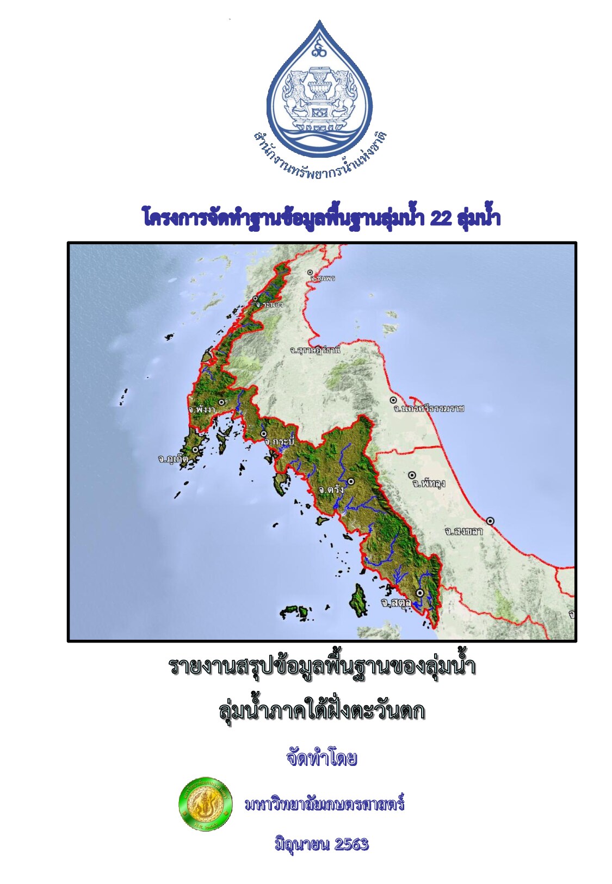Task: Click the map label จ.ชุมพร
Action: [323, 279]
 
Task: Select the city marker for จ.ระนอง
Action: [255, 299]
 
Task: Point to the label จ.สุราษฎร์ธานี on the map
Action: [315, 350]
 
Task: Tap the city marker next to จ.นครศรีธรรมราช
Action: [393, 400]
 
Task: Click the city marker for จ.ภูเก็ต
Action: [195, 450]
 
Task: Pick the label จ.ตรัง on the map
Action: [331, 490]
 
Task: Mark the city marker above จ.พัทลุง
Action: [412, 475]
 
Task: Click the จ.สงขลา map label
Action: [463, 531]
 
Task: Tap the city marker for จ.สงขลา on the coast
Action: [490, 521]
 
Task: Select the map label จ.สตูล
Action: [396, 603]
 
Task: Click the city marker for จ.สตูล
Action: [420, 593]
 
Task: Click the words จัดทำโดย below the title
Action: [322, 758]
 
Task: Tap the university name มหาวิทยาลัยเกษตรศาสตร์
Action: [325, 804]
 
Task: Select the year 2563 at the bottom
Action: [351, 844]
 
